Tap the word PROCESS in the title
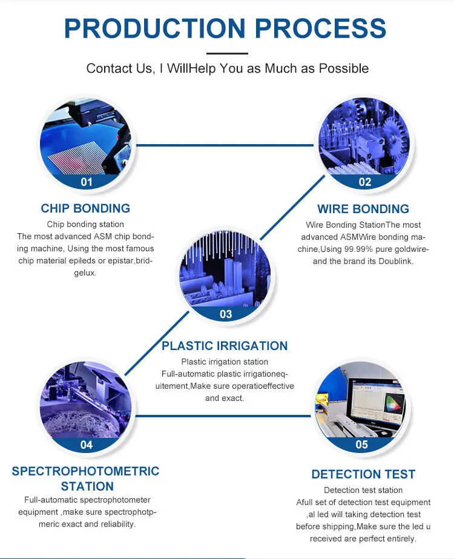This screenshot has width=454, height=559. (319, 28)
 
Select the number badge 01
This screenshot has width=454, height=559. (87, 182)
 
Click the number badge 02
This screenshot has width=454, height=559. (364, 182)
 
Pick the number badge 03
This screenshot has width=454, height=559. (226, 314)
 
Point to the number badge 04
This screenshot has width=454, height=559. (87, 445)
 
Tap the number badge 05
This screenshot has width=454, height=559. (361, 445)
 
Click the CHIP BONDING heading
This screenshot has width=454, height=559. (85, 208)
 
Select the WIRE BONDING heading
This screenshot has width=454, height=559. (363, 209)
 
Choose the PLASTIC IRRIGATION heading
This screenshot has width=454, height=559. (225, 346)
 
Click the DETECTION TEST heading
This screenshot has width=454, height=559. (363, 474)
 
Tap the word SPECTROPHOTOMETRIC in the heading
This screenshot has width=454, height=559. (85, 471)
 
